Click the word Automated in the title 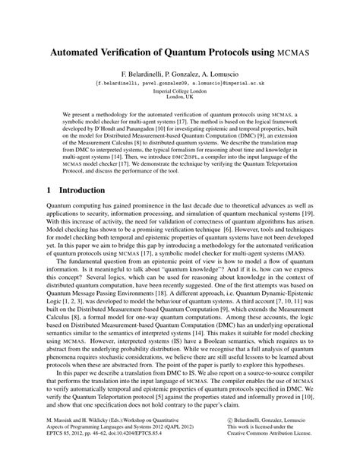[x=81, y=55]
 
